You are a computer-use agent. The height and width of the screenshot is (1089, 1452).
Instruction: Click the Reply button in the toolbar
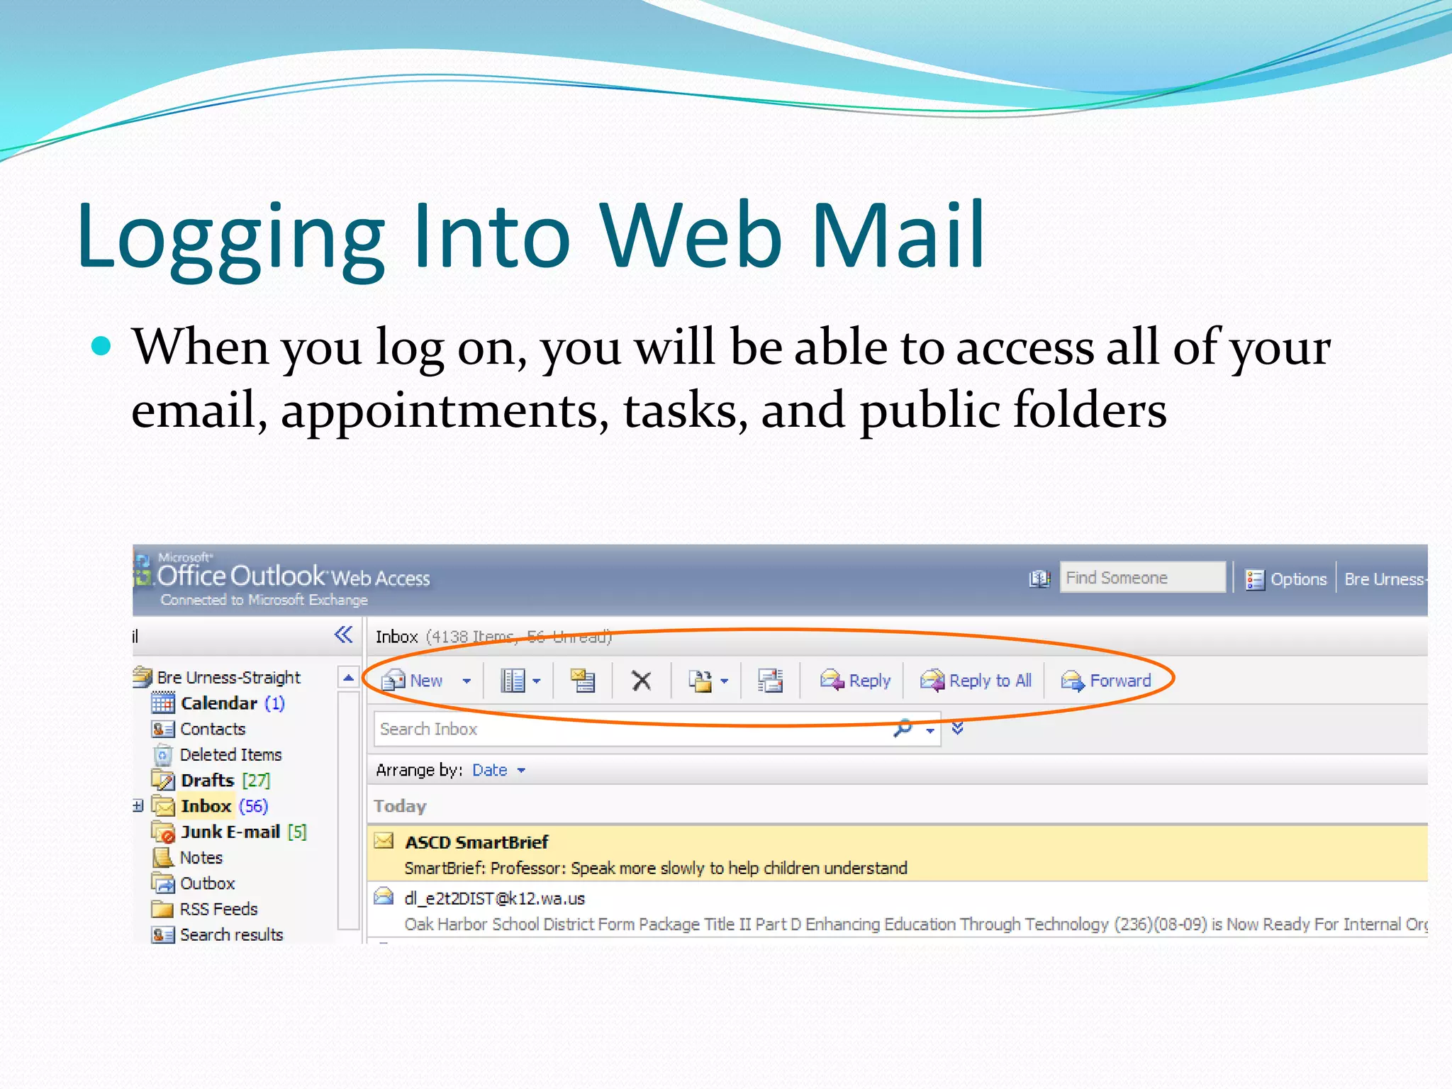click(856, 681)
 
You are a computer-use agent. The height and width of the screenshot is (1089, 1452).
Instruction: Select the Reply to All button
click(977, 681)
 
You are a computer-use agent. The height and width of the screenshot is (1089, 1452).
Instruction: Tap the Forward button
click(1107, 681)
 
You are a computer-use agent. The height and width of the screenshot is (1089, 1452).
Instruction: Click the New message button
click(413, 681)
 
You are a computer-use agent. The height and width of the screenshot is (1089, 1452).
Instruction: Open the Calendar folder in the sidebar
click(218, 703)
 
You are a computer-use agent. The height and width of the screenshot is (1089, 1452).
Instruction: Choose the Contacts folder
click(212, 729)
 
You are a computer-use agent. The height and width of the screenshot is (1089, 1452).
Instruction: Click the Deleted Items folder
click(230, 754)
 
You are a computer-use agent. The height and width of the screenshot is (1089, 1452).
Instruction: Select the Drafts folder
click(207, 781)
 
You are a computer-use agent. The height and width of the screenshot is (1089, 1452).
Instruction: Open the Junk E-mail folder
click(230, 832)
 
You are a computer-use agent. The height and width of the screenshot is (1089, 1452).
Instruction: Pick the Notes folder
click(201, 858)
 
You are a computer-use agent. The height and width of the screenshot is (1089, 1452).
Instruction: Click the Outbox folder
click(207, 883)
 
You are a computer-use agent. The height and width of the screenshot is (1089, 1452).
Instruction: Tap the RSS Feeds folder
click(218, 909)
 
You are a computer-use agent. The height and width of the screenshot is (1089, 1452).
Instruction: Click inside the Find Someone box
click(1141, 578)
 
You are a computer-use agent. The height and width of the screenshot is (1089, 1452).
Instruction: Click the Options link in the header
click(1297, 579)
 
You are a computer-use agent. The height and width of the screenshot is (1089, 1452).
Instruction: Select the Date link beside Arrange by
click(490, 770)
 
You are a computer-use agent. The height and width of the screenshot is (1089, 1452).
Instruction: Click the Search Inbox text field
click(631, 729)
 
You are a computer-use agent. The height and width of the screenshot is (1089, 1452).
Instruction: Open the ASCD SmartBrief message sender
click(476, 842)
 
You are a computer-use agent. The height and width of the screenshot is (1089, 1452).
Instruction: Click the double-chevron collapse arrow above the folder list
click(343, 635)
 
